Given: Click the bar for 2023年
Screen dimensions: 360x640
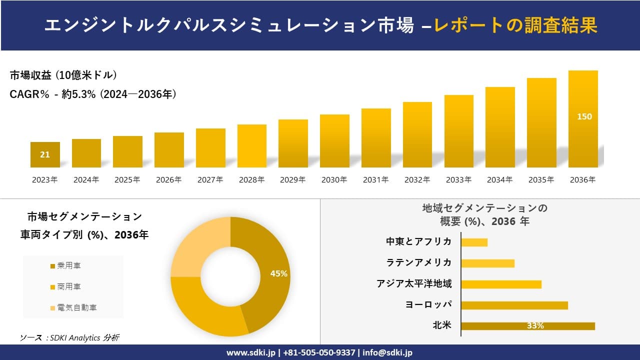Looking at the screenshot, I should pyautogui.click(x=45, y=155).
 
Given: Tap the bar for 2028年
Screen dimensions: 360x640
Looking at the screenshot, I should pyautogui.click(x=252, y=146).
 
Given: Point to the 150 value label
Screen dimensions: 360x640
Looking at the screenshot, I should pyautogui.click(x=584, y=116).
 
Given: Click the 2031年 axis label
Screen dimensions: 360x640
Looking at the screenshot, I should pyautogui.click(x=375, y=180).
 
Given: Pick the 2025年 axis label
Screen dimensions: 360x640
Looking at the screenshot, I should pyautogui.click(x=127, y=180).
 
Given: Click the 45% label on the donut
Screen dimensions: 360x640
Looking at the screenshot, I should pyautogui.click(x=278, y=273).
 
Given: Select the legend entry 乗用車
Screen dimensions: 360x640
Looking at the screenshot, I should pyautogui.click(x=68, y=265).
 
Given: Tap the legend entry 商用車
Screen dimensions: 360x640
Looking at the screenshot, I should pyautogui.click(x=68, y=286).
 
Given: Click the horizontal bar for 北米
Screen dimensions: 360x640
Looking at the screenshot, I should pyautogui.click(x=527, y=326).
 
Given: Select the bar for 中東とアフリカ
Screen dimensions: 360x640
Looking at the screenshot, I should pyautogui.click(x=474, y=242).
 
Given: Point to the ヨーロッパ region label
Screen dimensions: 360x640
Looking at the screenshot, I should pyautogui.click(x=428, y=305).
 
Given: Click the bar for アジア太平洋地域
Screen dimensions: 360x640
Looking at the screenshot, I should pyautogui.click(x=501, y=284).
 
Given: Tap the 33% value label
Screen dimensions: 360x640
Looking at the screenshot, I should pyautogui.click(x=535, y=326).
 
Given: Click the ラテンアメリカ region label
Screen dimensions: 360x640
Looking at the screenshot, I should pyautogui.click(x=419, y=262).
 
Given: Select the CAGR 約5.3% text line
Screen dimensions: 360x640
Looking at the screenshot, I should pyautogui.click(x=93, y=94).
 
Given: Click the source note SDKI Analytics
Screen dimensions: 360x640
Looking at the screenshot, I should pyautogui.click(x=70, y=338).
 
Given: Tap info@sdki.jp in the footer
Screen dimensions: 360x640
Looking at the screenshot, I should pyautogui.click(x=388, y=352).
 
